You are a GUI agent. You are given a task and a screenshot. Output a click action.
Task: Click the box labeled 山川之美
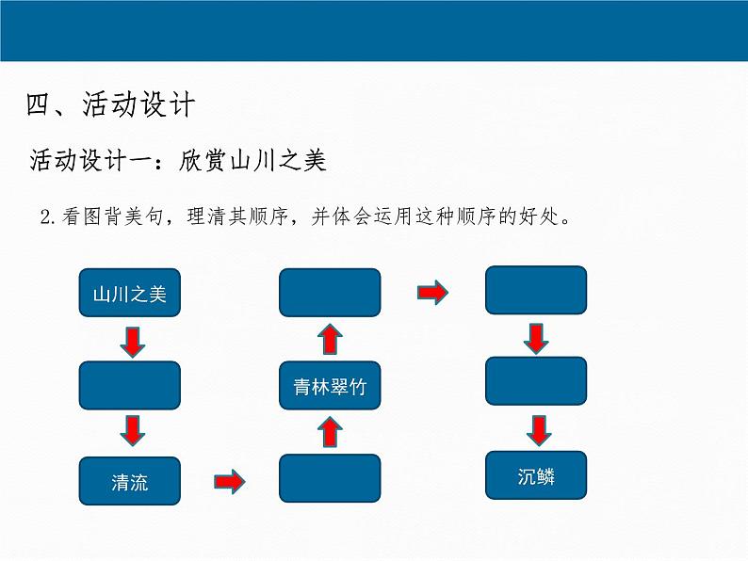click(x=129, y=294)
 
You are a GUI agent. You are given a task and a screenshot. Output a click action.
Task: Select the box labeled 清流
click(x=129, y=483)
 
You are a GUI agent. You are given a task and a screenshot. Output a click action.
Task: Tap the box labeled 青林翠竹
click(x=330, y=386)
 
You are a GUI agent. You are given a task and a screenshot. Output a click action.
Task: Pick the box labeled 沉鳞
click(x=536, y=476)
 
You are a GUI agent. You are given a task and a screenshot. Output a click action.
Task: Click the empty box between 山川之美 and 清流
click(x=129, y=385)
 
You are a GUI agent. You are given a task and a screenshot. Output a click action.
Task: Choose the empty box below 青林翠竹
click(x=330, y=478)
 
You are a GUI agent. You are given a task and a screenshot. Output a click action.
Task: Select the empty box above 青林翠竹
click(x=330, y=293)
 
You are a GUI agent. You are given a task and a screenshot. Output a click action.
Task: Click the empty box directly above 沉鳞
click(x=536, y=383)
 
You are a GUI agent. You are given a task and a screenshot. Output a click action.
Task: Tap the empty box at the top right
click(x=536, y=290)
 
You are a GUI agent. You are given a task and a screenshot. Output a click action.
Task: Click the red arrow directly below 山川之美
click(x=133, y=342)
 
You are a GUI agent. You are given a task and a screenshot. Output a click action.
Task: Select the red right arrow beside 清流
click(x=229, y=482)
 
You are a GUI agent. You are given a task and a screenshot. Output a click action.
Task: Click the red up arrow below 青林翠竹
click(x=330, y=432)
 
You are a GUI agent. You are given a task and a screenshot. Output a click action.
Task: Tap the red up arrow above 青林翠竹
click(x=330, y=339)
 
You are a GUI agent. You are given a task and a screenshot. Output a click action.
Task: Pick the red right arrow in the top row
click(x=432, y=294)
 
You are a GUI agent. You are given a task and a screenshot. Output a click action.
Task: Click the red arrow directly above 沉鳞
click(x=538, y=430)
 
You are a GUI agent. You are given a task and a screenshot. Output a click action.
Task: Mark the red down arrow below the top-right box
click(x=536, y=337)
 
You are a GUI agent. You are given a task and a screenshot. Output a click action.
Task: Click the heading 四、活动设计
click(x=110, y=104)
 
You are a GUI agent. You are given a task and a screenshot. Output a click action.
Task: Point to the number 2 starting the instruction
click(x=46, y=217)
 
